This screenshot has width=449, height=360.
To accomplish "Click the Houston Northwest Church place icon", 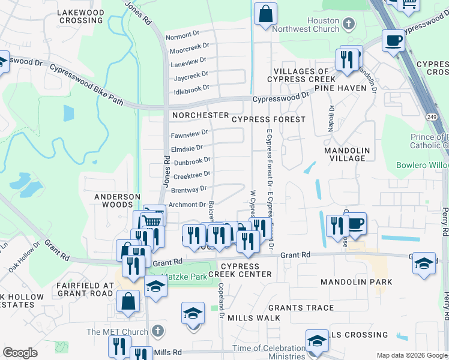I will coord(349,24).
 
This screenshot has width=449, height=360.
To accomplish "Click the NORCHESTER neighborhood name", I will coord(200,115).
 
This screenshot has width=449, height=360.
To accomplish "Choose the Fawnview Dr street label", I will coord(189,133).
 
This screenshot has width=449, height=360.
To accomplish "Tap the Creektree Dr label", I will coord(191,175).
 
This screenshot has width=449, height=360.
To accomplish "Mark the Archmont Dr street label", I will coord(187,205).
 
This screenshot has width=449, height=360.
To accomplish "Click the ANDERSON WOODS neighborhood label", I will coord(117,200).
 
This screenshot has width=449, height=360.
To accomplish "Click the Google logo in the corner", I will coord(20,353).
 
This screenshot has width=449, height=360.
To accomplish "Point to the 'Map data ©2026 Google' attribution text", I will coord(411,355).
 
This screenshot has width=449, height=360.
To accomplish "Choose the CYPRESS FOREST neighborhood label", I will coord(268,119).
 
